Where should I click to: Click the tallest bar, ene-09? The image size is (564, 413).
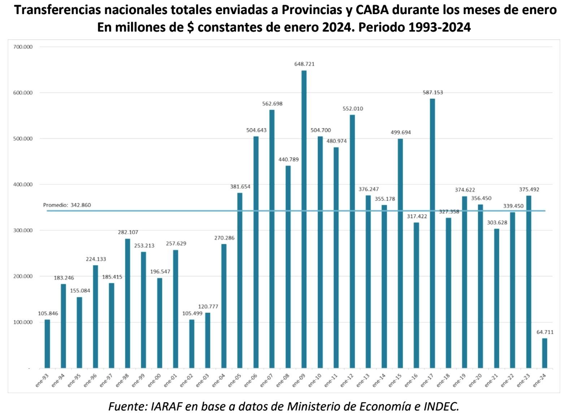coord(304,219)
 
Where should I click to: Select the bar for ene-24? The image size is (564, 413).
coord(545,353)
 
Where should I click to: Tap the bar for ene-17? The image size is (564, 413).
coord(432,233)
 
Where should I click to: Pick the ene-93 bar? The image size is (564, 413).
coord(47,344)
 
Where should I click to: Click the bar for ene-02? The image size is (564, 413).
coord(191,344)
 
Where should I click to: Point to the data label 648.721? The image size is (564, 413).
coord(304,64)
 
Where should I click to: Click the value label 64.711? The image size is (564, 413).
coord(545,332)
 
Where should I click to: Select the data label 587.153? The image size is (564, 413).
coord(433,93)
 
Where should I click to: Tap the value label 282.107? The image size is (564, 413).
coord(128,232)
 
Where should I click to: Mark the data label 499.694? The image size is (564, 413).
coord(400,132)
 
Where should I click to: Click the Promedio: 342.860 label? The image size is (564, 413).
coord(67,205)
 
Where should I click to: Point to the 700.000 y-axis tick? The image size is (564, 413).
coord(22,47)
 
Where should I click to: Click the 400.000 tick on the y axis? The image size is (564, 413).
coord(22,185)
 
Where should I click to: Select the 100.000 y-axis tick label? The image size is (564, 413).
coord(22,322)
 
